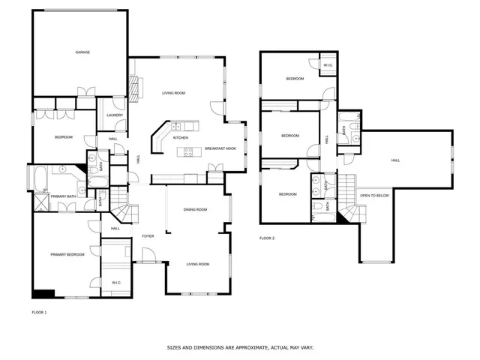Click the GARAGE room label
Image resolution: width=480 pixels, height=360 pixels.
point(82,52)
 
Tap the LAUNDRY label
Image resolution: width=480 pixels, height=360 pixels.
point(115,115)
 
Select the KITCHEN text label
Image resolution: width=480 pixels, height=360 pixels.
point(181,138)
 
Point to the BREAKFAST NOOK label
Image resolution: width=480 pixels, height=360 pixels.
point(221,148)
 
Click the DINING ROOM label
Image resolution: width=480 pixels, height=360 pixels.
point(195,209)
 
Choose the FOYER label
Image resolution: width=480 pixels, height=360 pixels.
point(148,236)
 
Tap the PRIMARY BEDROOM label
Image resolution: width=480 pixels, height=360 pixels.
point(67,255)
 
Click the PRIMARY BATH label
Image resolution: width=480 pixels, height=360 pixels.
point(64,196)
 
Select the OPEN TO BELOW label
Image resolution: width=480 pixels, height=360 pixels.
point(374,195)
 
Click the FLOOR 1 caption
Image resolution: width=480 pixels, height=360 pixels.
point(39,311)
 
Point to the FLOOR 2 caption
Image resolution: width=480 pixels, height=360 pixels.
point(267,238)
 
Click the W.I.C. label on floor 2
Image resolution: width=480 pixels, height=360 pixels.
point(328,65)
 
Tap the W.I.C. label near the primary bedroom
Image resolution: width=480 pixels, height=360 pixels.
point(116,282)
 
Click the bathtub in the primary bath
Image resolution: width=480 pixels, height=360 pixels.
point(40,180)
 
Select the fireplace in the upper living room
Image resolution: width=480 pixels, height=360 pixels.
point(134,90)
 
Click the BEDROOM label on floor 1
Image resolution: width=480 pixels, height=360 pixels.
point(63,137)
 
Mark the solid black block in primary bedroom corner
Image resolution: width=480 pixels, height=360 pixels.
point(43,294)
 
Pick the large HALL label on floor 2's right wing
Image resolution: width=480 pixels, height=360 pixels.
point(395,160)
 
